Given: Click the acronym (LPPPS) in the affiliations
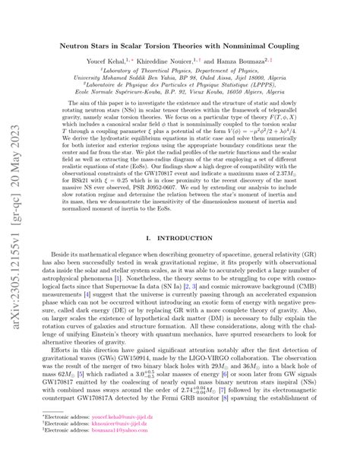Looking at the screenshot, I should tap(296, 94).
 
